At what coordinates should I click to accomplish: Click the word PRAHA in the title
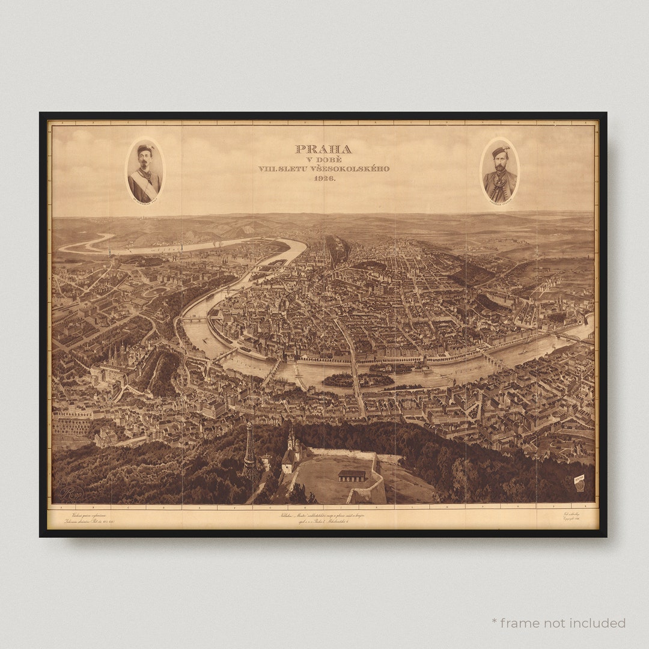323,149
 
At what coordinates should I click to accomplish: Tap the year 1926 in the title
323,178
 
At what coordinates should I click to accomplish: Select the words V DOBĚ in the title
323,159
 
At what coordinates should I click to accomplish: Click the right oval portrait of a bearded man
499,170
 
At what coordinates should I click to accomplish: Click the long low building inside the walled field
352,475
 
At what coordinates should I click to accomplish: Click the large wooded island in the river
338,380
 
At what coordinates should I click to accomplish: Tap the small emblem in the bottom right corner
579,483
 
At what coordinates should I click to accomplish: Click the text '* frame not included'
558,623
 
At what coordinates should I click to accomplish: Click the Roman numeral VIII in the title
266,169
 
